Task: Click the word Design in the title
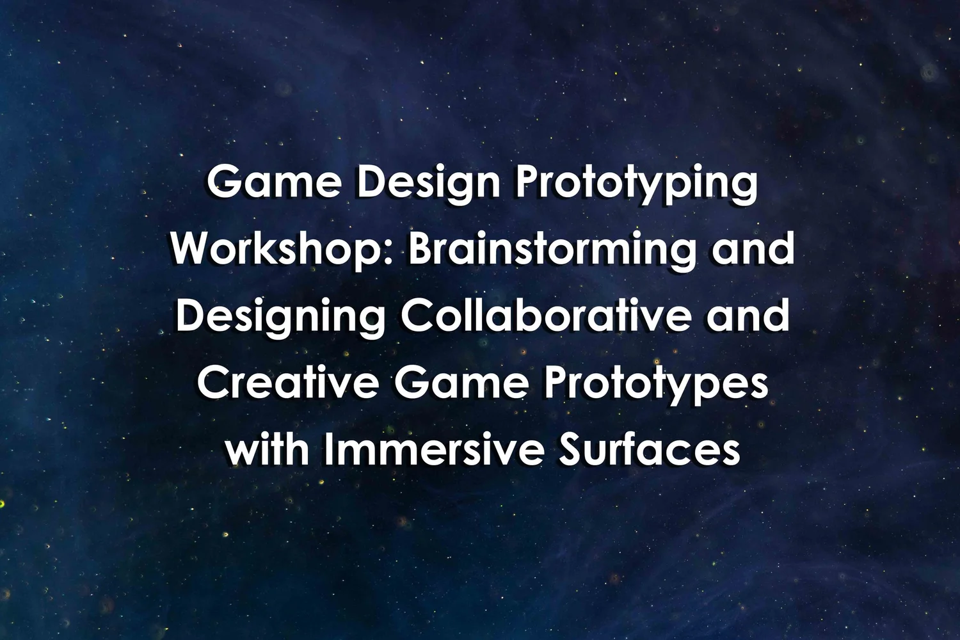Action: click(x=428, y=184)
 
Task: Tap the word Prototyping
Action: click(x=636, y=184)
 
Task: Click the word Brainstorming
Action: click(x=552, y=250)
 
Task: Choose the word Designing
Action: click(x=281, y=317)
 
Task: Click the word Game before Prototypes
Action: click(x=461, y=383)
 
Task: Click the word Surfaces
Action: click(x=649, y=449)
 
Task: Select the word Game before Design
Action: click(x=274, y=184)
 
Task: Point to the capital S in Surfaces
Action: click(x=570, y=449)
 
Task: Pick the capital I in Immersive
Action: click(x=328, y=449)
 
